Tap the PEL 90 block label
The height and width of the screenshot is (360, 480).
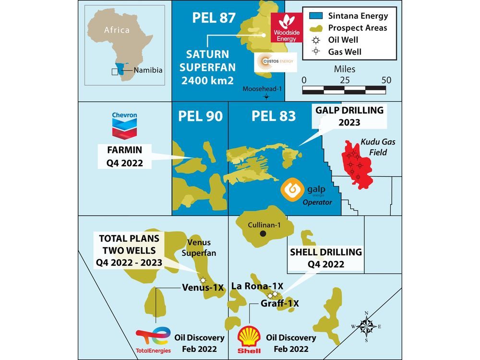point(200,116)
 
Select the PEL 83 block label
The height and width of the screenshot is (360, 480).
point(274,116)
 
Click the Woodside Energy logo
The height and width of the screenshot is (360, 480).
point(287,27)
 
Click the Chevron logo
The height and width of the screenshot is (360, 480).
point(124,124)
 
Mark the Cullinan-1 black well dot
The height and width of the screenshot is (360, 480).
point(263,234)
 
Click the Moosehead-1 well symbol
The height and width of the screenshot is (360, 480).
point(266,96)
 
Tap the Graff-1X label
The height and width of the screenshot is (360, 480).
point(280,303)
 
